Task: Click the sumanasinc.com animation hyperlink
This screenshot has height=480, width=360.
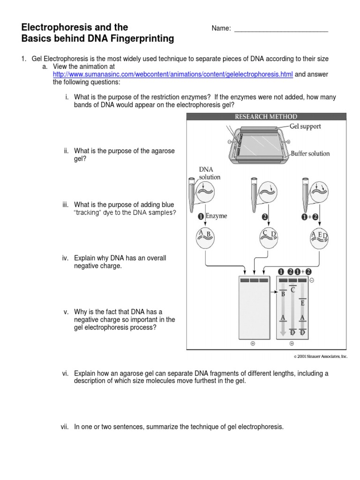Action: pos(173,75)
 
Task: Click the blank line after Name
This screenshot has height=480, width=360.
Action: pos(281,29)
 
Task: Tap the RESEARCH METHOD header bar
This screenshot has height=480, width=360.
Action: pos(266,117)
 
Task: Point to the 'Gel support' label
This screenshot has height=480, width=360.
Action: pos(305,127)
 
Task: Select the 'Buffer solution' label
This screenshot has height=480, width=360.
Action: pos(310,153)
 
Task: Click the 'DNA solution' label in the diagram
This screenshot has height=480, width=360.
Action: pos(209,173)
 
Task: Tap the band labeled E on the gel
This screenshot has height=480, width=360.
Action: pos(302,299)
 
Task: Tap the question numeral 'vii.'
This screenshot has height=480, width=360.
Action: pos(65,427)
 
